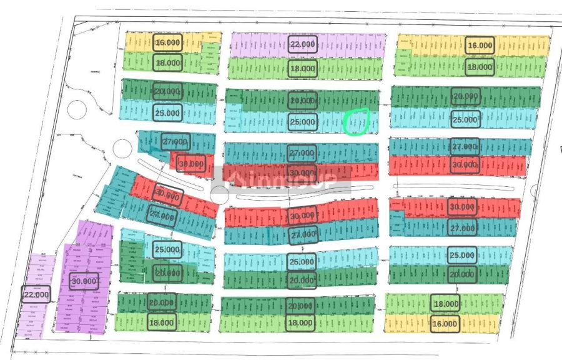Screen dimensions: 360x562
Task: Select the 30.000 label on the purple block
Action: pos(84,281)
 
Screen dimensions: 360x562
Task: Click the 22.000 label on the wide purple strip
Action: pos(303,44)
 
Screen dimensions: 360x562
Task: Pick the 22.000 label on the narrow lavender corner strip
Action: pos(36,294)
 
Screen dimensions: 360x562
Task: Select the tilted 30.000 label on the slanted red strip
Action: pos(167,196)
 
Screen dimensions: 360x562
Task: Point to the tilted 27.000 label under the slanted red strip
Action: pos(162,214)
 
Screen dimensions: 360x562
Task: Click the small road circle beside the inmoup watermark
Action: pos(220,194)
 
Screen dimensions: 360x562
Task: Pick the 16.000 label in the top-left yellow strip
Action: pos(167,43)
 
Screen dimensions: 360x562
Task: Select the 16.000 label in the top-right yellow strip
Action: pos(480,46)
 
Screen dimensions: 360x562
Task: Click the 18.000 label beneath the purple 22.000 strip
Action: pos(303,68)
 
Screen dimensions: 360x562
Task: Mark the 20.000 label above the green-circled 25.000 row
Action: pos(303,100)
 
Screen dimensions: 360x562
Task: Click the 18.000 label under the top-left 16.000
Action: pos(167,63)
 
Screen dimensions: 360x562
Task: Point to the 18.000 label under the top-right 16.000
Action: pos(480,67)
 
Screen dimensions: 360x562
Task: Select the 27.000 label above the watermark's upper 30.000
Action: pos(302,152)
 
